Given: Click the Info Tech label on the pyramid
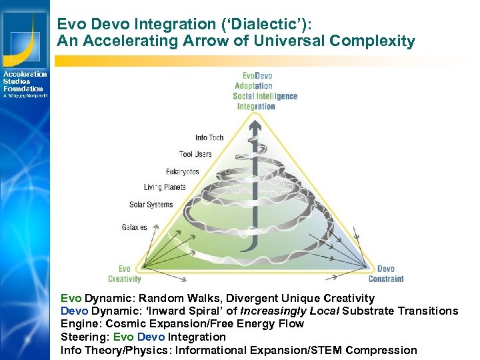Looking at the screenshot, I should click(x=209, y=138).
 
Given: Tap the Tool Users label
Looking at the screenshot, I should click(x=195, y=154).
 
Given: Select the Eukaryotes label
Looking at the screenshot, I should click(x=182, y=171).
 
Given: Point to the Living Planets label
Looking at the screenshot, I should click(x=164, y=187).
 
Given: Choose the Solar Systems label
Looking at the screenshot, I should click(x=151, y=205).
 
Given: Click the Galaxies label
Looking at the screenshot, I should click(x=134, y=227).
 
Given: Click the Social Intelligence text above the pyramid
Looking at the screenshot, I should click(x=265, y=96).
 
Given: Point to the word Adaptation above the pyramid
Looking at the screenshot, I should click(x=253, y=86).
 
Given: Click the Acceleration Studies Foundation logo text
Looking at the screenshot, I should click(x=25, y=81).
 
